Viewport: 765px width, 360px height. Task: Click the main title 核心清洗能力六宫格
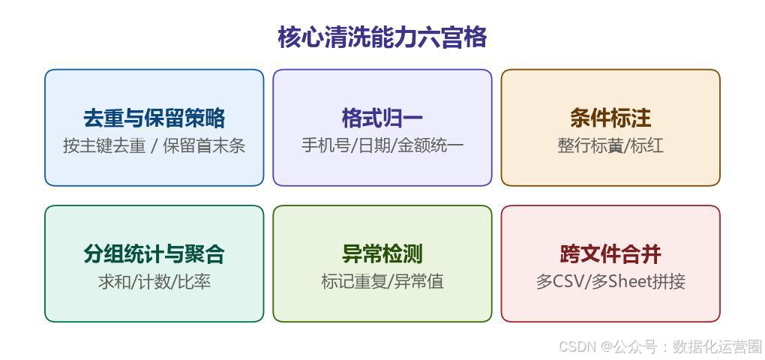tap(382, 37)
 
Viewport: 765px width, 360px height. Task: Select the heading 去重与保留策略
tap(154, 118)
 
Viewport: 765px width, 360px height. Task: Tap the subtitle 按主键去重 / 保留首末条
tap(154, 145)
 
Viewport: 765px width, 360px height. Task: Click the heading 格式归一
tap(382, 118)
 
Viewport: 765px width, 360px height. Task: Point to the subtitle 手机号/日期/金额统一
tap(382, 145)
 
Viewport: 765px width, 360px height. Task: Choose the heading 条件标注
tap(610, 118)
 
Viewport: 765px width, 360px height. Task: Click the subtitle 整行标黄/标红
tap(610, 145)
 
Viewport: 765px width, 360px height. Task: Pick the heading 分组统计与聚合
tap(154, 254)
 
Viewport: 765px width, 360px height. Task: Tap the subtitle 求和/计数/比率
tap(154, 282)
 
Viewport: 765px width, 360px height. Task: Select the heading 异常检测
tap(382, 254)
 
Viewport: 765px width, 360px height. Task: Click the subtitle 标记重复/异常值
tap(382, 282)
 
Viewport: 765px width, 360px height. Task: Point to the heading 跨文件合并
tap(610, 254)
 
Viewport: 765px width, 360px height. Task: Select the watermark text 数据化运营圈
tap(717, 346)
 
